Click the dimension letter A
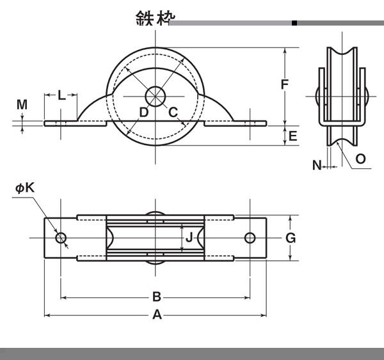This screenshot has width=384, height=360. [x=156, y=315]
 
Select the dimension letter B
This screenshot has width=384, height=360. [x=156, y=297]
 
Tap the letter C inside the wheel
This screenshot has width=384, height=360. [x=173, y=113]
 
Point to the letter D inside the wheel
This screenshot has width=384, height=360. [x=144, y=113]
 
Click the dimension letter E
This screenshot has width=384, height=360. [x=292, y=136]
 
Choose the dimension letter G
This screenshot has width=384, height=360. [x=290, y=238]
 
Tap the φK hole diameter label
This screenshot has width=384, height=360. [x=26, y=188]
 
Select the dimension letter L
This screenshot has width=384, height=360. [x=61, y=96]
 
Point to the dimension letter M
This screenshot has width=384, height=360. [x=22, y=104]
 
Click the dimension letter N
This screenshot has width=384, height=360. [x=317, y=166]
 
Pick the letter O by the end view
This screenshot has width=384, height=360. [x=360, y=159]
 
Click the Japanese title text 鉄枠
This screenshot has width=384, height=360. [x=152, y=18]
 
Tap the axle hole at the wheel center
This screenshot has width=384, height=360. [x=156, y=97]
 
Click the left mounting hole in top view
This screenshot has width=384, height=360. [x=61, y=239]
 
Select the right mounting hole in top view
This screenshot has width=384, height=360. [x=250, y=239]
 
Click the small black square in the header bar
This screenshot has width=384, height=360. [x=294, y=23]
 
